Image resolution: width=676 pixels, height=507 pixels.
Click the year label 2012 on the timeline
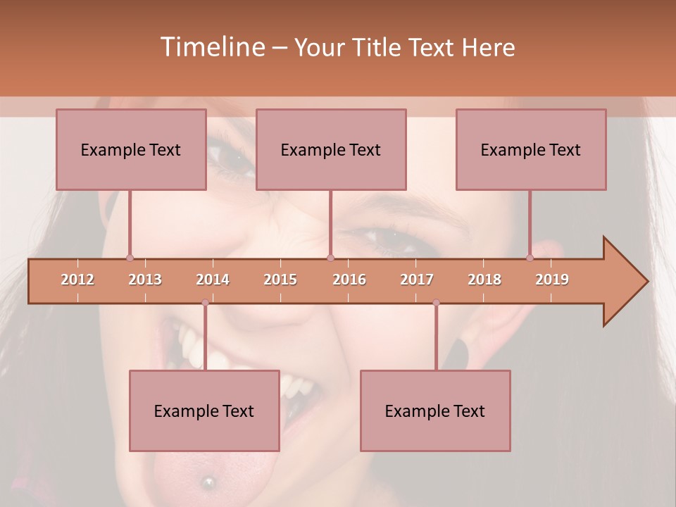point(77,280)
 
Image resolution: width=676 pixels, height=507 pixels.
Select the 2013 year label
point(145,280)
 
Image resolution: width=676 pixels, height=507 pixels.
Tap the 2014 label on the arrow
point(213,280)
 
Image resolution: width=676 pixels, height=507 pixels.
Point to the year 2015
point(280,280)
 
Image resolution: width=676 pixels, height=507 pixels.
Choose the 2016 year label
point(349,280)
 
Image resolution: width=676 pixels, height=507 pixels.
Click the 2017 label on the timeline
point(417,280)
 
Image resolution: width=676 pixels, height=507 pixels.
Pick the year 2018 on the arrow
point(484,280)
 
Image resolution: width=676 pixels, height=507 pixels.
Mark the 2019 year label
point(552,280)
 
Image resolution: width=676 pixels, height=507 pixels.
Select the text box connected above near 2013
point(131,149)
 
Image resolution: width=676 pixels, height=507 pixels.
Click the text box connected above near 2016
point(331,149)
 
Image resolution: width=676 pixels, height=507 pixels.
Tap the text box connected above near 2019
point(531,149)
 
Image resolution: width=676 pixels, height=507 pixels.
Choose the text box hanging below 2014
point(204,411)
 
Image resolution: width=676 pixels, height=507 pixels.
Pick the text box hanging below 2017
point(435,411)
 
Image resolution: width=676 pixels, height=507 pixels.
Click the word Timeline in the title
point(211,47)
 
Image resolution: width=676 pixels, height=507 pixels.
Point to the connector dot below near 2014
point(205,303)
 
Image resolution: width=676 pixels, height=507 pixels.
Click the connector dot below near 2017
point(436,303)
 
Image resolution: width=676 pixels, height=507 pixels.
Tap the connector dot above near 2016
point(330,258)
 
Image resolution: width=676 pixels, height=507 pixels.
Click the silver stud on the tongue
point(208,482)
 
